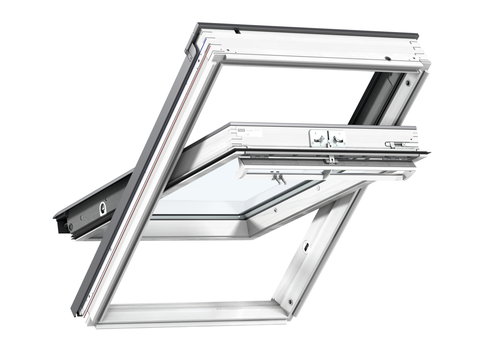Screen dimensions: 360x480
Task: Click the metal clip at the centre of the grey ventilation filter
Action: coord(331,159)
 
